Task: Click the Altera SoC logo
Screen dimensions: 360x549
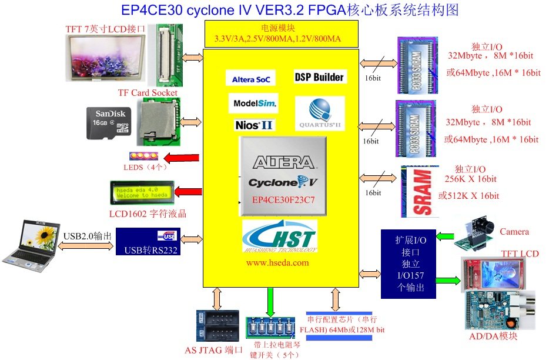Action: click(250, 79)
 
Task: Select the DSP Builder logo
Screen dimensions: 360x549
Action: click(319, 77)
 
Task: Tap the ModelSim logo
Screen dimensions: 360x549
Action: click(253, 104)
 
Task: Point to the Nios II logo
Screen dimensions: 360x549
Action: click(253, 125)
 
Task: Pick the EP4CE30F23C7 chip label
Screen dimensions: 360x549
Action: click(283, 199)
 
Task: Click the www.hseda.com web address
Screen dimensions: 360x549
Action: click(277, 262)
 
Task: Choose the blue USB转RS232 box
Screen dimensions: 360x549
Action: click(148, 242)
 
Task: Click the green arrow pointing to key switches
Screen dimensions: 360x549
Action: click(270, 301)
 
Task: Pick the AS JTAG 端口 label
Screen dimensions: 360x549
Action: click(214, 350)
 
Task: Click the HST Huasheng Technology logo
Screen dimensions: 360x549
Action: click(279, 236)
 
